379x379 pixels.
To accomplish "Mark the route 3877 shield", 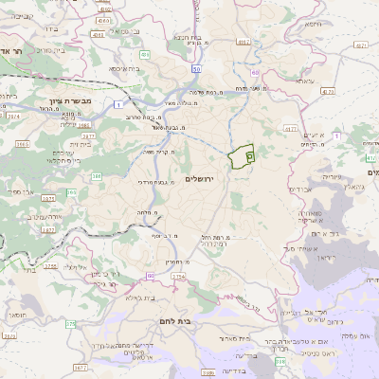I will click(x=81, y=366).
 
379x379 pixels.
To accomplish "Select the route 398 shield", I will click(x=280, y=361).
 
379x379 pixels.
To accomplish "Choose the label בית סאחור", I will click(x=233, y=336).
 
